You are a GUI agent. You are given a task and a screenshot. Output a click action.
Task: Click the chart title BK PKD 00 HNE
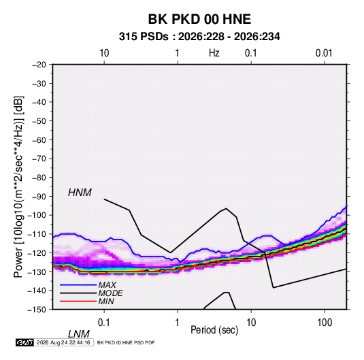(199, 19)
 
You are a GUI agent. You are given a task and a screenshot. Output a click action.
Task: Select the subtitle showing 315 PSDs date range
(199, 37)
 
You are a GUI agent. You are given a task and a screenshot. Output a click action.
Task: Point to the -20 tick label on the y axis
(39, 65)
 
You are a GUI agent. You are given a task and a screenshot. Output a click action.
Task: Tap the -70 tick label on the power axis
(39, 159)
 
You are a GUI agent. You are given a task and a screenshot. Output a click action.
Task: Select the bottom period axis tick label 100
(325, 323)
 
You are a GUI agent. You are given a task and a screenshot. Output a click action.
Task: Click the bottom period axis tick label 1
(178, 323)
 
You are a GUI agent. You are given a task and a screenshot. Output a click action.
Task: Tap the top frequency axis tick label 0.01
(324, 53)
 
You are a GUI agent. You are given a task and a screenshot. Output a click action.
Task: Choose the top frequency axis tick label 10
(104, 53)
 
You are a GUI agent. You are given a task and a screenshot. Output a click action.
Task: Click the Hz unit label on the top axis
(214, 53)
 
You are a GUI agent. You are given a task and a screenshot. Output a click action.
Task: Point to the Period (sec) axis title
(214, 330)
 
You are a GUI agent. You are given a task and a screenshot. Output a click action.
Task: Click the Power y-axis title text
(18, 187)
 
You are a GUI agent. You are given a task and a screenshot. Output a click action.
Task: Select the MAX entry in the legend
(107, 285)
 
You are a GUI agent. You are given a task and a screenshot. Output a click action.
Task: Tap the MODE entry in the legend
(110, 293)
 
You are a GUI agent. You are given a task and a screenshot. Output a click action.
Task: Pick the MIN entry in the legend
(106, 301)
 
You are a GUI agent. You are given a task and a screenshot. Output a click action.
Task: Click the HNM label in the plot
(80, 193)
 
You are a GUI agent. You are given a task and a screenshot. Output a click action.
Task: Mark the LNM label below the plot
(78, 334)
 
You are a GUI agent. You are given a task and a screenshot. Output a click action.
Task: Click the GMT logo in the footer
(25, 342)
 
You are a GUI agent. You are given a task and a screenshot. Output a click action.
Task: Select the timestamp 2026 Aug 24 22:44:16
(63, 342)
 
